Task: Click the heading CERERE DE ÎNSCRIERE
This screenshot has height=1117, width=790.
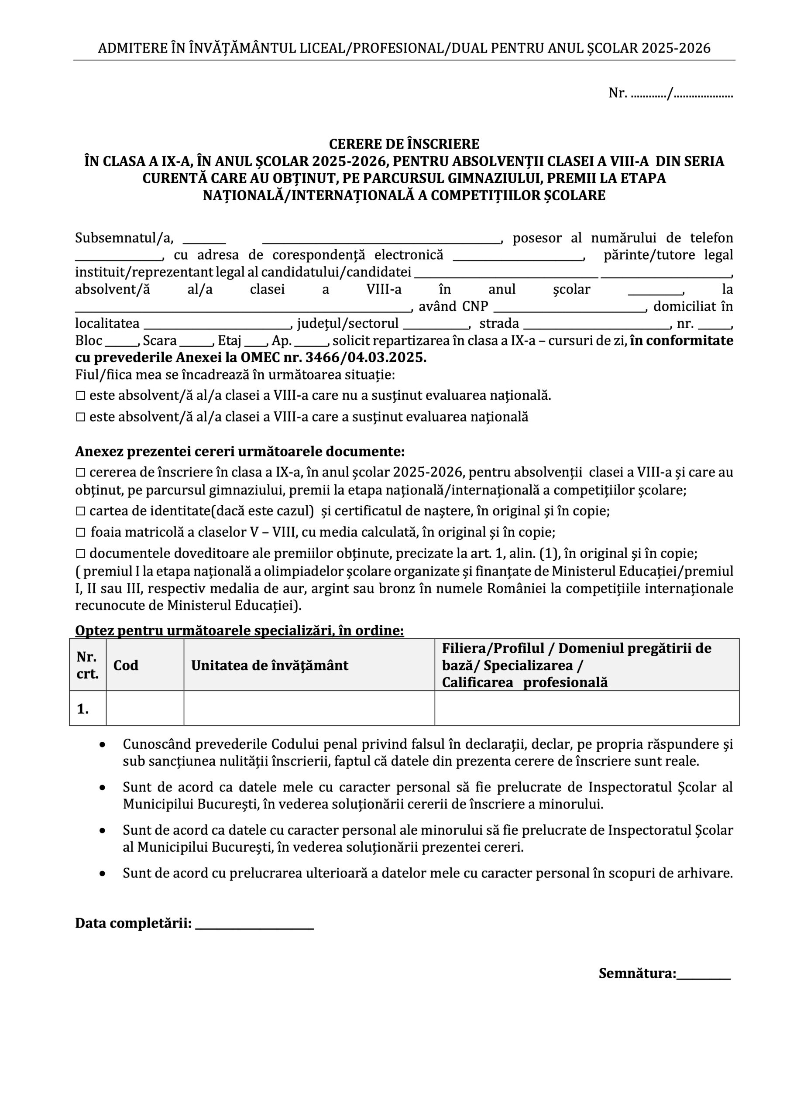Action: pos(404,144)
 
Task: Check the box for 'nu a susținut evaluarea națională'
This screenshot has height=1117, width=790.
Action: pos(81,395)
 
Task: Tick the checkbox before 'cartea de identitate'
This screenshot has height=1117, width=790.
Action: pos(81,511)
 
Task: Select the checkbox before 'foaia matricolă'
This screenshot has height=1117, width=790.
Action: pos(81,532)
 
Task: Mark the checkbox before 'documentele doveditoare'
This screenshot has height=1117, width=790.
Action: pos(81,553)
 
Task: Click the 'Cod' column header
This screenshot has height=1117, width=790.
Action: pos(126,665)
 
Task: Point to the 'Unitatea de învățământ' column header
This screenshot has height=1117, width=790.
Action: pos(270,665)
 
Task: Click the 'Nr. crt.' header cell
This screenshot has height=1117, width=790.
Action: pos(88,665)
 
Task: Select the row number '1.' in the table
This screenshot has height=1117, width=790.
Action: pos(83,709)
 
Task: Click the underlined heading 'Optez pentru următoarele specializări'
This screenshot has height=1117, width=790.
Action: pos(239,630)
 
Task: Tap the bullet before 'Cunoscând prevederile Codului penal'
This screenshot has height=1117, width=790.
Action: pos(102,745)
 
